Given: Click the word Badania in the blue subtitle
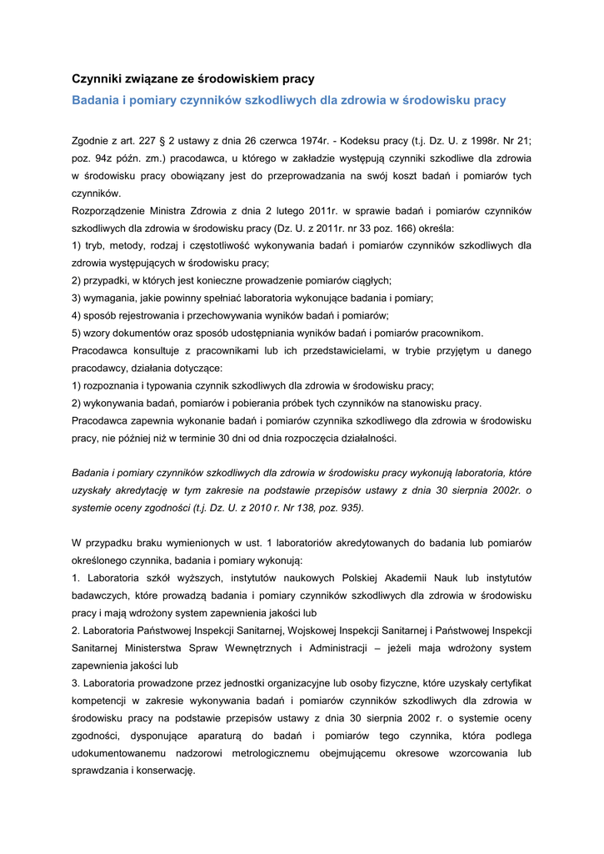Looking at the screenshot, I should (97, 100).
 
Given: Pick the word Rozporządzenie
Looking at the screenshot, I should (111, 211).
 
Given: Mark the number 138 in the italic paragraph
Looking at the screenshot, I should (295, 508).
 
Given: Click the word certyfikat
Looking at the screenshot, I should (505, 682).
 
